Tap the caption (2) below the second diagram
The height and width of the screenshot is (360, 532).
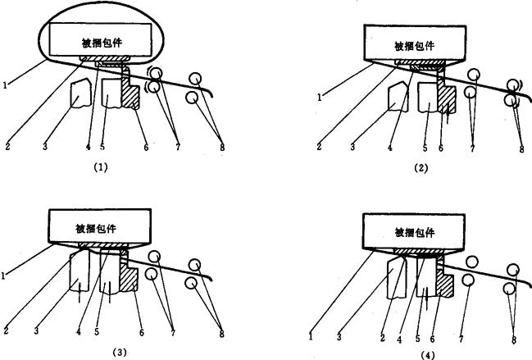pyautogui.click(x=421, y=168)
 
